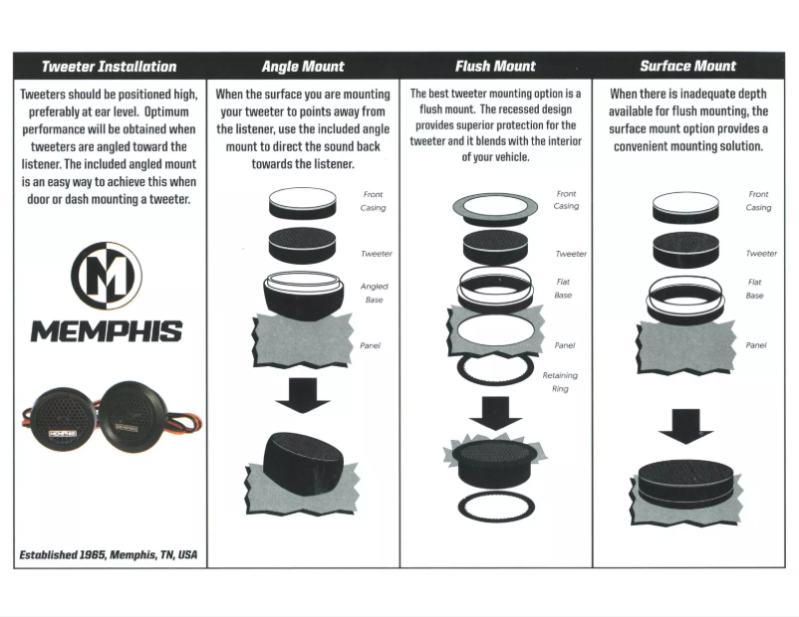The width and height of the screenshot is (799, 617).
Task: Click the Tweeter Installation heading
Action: (x=109, y=67)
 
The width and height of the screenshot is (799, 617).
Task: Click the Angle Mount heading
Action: (x=303, y=67)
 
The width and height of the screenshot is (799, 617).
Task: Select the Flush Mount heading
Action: (x=495, y=67)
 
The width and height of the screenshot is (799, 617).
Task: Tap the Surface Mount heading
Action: (x=687, y=67)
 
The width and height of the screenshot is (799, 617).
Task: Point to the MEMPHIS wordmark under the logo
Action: (x=106, y=331)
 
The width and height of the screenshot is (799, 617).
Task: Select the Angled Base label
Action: (x=374, y=293)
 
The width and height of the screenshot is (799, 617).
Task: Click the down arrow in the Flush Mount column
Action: (x=495, y=411)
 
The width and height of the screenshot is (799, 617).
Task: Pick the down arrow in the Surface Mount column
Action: (x=686, y=424)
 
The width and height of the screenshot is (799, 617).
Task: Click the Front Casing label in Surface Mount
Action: (x=758, y=201)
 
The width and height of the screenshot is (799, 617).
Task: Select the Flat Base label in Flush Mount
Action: (x=563, y=289)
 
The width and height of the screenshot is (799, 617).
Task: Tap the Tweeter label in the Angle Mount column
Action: (x=377, y=254)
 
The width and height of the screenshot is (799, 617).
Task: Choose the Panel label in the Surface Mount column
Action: (x=756, y=345)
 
